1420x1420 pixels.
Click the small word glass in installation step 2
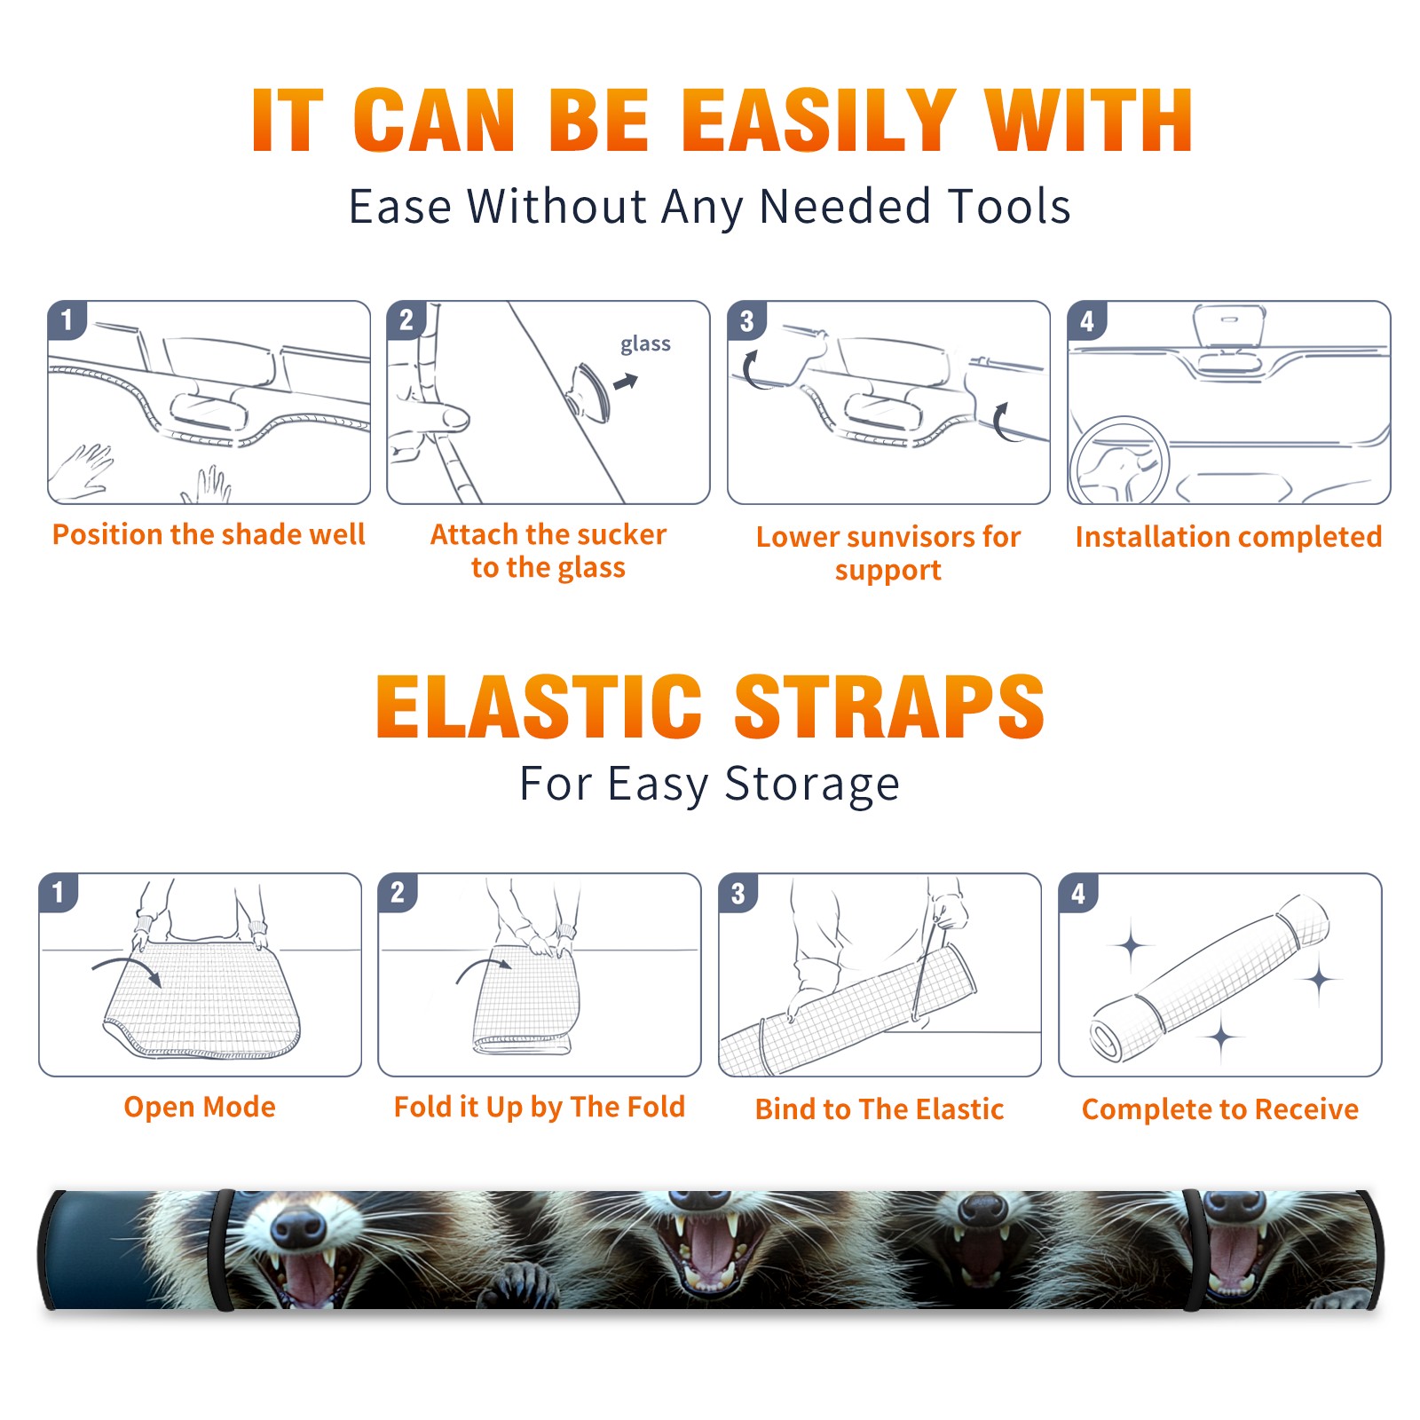(x=645, y=344)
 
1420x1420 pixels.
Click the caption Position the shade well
(x=209, y=534)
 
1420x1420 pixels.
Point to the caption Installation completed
(x=1228, y=537)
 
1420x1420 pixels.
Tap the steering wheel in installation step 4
(x=1119, y=461)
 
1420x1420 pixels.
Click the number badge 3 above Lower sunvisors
(x=746, y=321)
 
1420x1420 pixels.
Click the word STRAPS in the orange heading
(x=889, y=706)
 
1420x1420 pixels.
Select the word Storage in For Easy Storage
(x=812, y=785)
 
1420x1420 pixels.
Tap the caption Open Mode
(x=200, y=1107)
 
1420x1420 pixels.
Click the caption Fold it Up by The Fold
(x=540, y=1108)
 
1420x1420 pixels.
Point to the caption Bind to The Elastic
(x=880, y=1109)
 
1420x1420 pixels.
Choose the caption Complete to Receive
(x=1220, y=1109)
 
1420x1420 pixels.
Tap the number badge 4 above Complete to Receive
(x=1078, y=893)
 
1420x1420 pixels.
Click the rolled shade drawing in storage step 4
(x=1210, y=978)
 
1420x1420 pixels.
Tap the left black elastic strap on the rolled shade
(x=223, y=1250)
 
